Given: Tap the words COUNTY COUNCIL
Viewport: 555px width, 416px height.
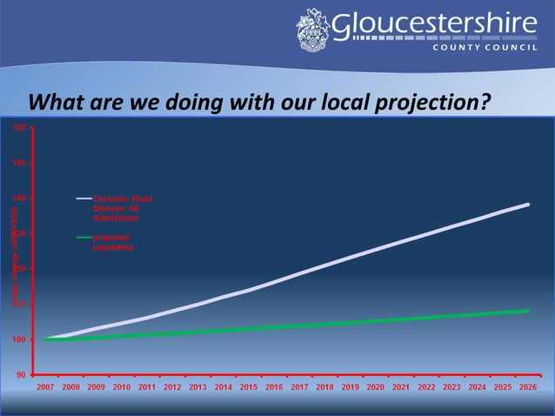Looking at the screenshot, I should point(487,48).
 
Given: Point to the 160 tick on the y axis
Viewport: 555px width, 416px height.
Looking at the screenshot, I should point(19,127).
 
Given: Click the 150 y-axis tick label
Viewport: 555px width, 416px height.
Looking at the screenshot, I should point(19,163).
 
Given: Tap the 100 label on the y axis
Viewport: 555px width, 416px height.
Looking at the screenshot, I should point(19,339).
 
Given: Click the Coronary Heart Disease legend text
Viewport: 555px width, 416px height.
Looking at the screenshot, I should point(123,208).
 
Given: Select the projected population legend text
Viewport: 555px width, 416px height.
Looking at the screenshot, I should point(113,242).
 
